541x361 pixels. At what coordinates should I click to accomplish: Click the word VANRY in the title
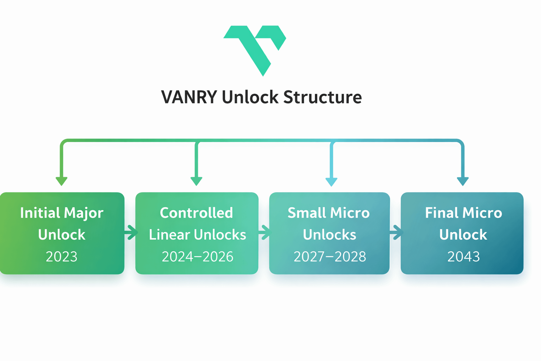click(189, 97)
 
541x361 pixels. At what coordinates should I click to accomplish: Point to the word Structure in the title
click(322, 97)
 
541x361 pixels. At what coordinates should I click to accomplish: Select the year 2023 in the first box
click(62, 257)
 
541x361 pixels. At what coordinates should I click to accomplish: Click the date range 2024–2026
click(197, 257)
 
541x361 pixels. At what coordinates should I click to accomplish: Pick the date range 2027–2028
click(330, 257)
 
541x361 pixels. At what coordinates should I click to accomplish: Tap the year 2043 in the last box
click(463, 257)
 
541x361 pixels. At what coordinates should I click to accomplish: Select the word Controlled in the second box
click(197, 213)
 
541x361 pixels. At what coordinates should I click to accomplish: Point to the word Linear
click(169, 235)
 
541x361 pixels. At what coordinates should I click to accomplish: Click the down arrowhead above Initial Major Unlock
click(62, 181)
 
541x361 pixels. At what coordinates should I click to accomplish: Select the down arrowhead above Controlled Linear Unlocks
click(197, 181)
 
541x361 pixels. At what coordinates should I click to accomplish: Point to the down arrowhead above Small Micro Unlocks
click(331, 182)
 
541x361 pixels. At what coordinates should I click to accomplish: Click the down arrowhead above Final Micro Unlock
click(463, 181)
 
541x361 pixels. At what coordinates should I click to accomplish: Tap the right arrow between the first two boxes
click(131, 232)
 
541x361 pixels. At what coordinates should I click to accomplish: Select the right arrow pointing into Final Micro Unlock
click(397, 232)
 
